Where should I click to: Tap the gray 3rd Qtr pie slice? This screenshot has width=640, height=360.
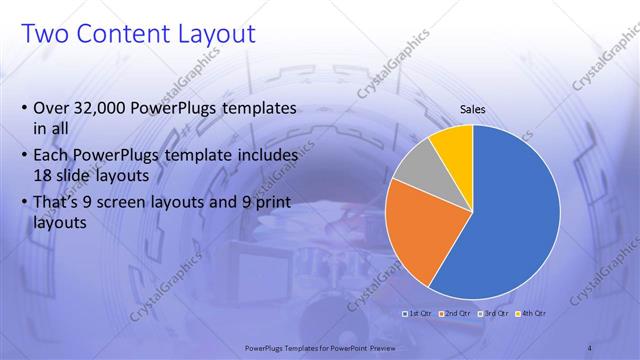pos(415,162)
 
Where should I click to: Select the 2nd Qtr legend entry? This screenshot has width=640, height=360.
pos(457,313)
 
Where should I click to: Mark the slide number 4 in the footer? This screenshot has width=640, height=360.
pos(590,347)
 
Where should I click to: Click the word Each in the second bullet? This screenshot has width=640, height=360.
pos(52,155)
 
